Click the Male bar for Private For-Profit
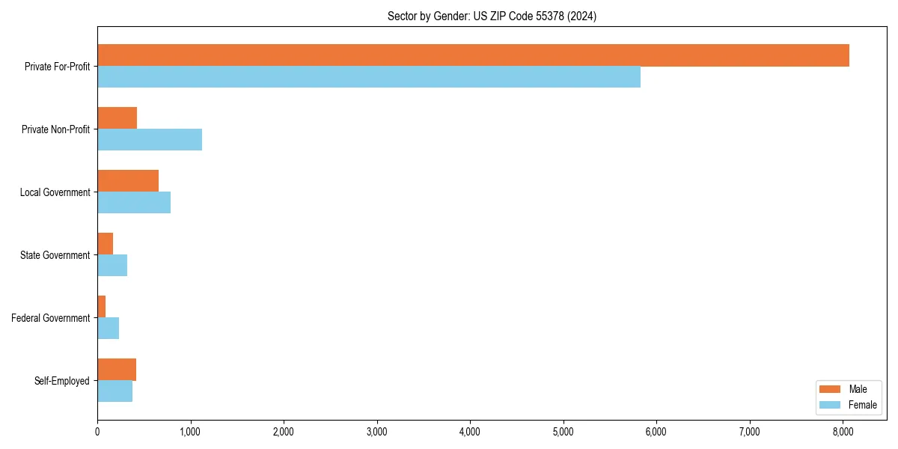(x=473, y=55)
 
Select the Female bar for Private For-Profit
(x=369, y=77)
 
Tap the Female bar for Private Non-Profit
(x=150, y=140)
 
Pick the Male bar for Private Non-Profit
(x=117, y=118)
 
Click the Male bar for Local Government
(x=128, y=181)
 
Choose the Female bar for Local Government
(x=134, y=203)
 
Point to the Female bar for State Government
(x=112, y=266)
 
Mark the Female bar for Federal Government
(x=108, y=329)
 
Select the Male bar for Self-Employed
(x=117, y=370)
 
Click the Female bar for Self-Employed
(x=114, y=391)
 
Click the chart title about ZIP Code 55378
(x=492, y=16)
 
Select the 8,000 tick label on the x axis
(x=843, y=431)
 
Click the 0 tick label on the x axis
(x=97, y=431)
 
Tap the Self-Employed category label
(x=62, y=381)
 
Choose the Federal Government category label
(x=51, y=318)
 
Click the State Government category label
(x=55, y=255)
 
